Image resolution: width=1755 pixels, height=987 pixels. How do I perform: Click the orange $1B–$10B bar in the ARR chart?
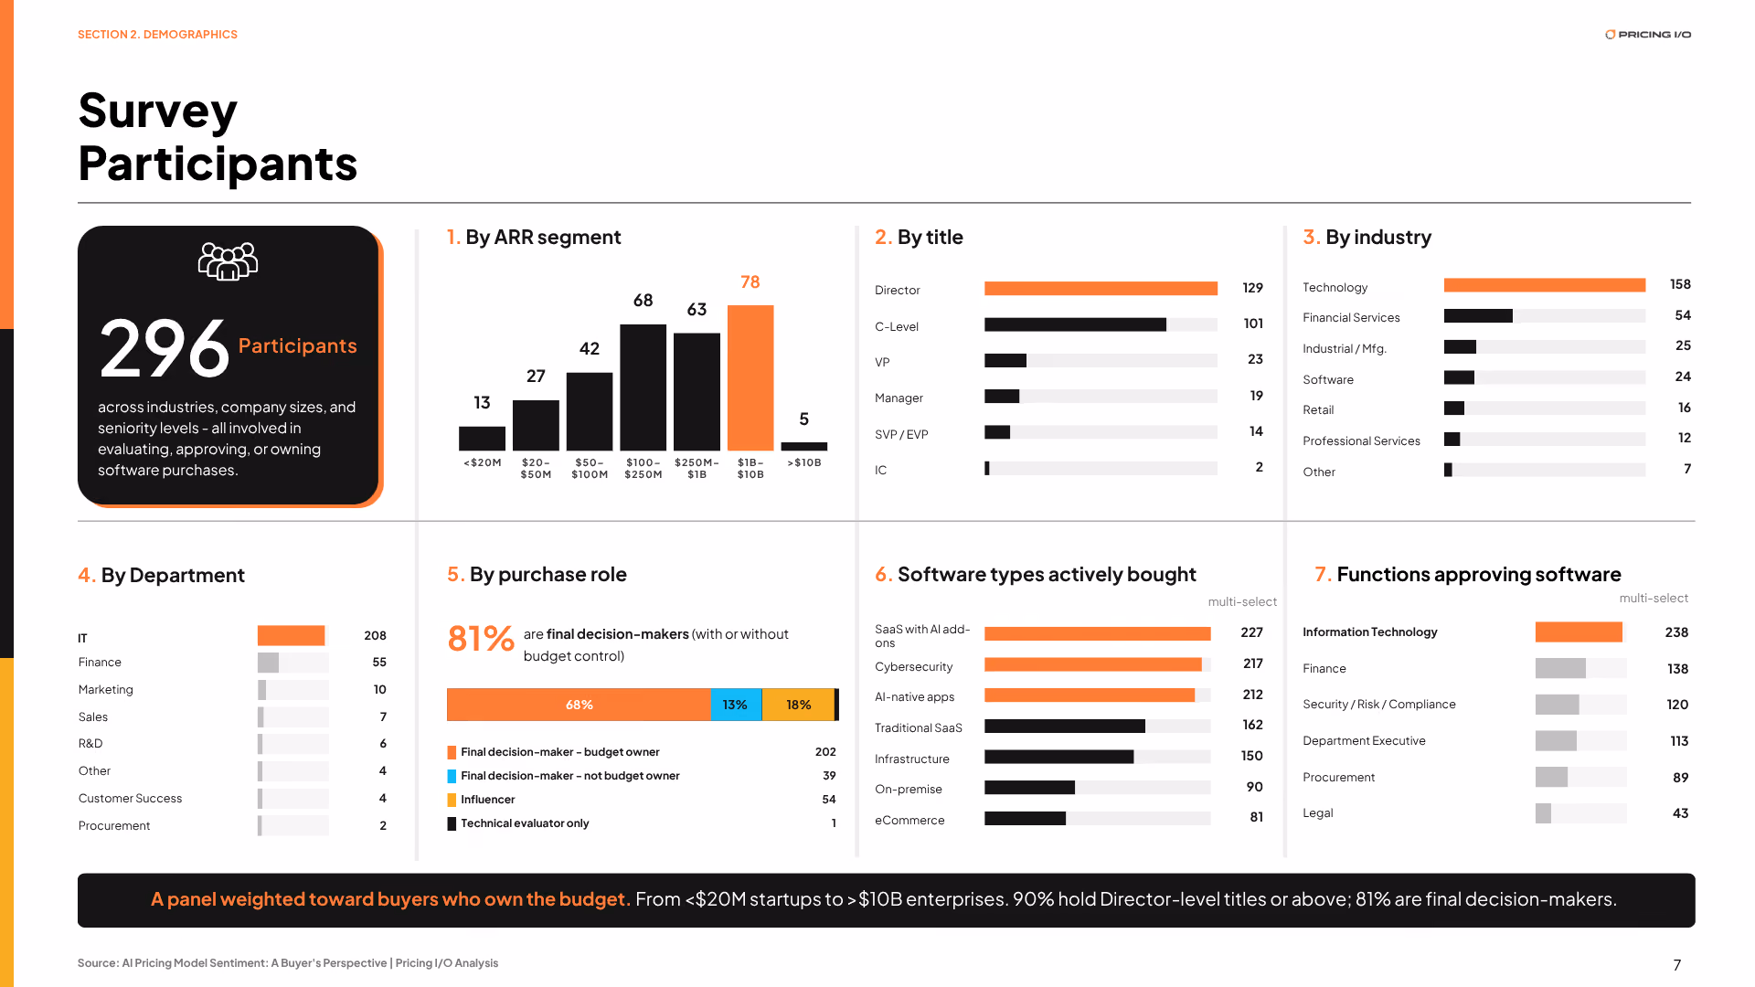coord(750,377)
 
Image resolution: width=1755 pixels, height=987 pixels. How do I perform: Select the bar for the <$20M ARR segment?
coord(482,439)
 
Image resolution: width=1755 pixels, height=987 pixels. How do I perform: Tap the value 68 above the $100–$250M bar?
coord(643,301)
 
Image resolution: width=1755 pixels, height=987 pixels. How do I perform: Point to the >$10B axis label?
coord(804,463)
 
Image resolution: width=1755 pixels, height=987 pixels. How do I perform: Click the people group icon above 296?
coord(228,262)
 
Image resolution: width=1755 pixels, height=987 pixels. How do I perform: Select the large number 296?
coord(165,348)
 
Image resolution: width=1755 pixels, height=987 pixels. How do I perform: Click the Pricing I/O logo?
coord(1648,35)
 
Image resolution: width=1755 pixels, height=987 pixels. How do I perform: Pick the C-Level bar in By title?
coord(1075,324)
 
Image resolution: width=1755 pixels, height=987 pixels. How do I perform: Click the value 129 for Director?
coord(1252,288)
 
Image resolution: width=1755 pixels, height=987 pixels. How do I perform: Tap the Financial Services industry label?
coord(1351,318)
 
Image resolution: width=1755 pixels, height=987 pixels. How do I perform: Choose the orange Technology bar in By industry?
coord(1545,285)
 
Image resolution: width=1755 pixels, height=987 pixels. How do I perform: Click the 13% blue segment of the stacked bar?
coord(736,705)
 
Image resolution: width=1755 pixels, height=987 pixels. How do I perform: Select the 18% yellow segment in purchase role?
coord(798,705)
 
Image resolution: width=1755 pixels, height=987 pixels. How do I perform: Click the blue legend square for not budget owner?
coord(452,776)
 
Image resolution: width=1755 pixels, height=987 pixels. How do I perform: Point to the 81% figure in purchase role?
coord(481,639)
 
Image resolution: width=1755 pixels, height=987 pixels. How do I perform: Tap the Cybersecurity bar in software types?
coord(1093,664)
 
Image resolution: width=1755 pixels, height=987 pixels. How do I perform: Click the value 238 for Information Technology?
coord(1676,632)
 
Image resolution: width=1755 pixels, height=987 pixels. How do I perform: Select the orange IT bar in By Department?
coord(291,635)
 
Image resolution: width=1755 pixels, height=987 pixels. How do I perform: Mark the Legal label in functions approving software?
coord(1318,813)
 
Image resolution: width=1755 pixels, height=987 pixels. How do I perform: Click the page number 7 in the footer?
coord(1677,965)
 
